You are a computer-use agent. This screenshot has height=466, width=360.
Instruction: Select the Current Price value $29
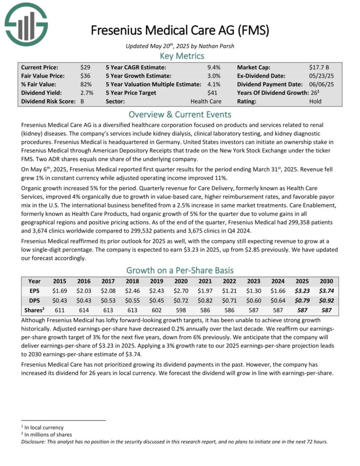(x=85, y=67)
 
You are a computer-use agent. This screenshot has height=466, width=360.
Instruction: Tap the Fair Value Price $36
(x=85, y=76)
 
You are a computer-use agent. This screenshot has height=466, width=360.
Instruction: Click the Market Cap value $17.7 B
(x=320, y=67)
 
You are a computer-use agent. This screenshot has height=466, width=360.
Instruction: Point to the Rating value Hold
(x=315, y=101)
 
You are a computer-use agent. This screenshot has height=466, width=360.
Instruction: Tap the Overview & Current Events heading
(x=180, y=114)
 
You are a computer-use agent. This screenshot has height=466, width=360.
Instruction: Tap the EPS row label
(x=34, y=291)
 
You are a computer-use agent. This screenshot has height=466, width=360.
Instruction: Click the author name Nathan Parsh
(x=221, y=46)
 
